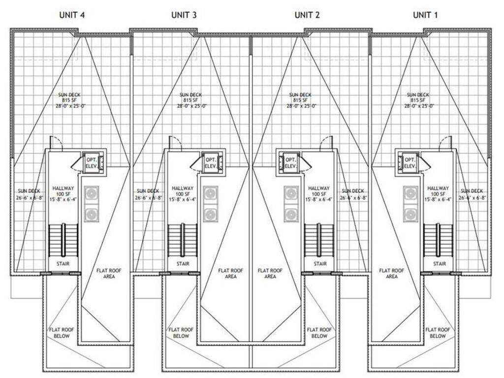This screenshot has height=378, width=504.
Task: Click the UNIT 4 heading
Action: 72,15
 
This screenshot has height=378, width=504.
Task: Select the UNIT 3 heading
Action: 184,15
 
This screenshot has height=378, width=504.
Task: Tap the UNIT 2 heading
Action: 307,15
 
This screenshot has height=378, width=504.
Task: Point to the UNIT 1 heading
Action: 425,15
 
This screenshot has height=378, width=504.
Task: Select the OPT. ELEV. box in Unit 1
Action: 409,162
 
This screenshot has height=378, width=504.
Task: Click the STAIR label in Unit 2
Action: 320,264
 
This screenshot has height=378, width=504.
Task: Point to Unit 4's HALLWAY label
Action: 63,188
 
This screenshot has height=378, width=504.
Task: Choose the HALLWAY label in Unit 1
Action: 438,188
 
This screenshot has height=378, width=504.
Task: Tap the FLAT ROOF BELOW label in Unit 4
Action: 59,333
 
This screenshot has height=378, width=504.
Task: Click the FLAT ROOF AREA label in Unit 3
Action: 231,274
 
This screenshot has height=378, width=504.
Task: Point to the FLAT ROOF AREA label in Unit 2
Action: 270,274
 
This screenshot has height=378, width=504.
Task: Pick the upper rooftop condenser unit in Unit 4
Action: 90,194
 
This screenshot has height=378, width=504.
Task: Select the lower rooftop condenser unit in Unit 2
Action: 291,215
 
